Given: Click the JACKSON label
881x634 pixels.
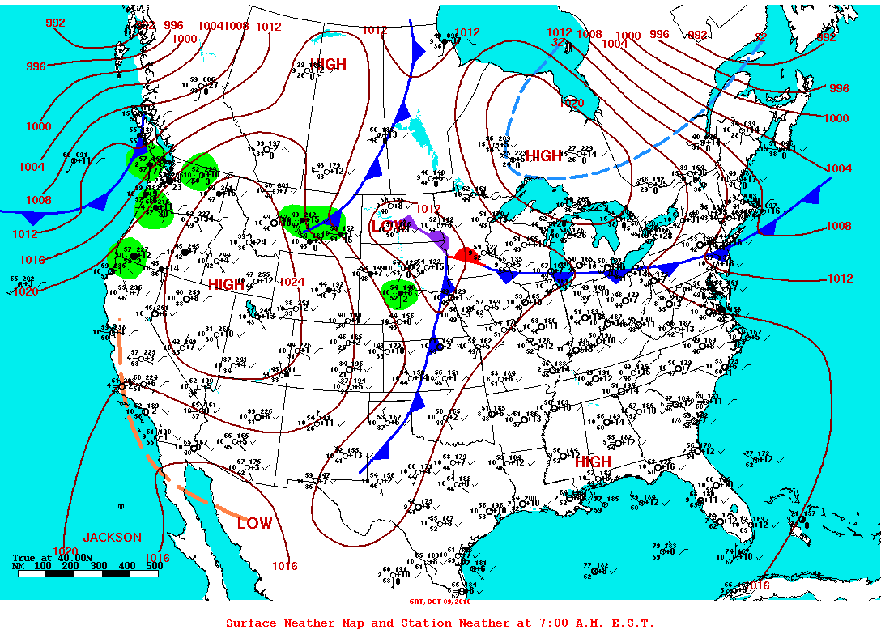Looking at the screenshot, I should (x=112, y=538).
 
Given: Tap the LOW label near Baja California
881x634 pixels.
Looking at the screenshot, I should (x=254, y=524).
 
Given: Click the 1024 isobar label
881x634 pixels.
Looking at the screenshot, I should (x=291, y=282).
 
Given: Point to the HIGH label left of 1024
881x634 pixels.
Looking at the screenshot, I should (x=227, y=285).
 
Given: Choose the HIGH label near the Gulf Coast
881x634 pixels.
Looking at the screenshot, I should (x=593, y=462).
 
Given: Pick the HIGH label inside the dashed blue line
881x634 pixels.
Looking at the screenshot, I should (x=543, y=155).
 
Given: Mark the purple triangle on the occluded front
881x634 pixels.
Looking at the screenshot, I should (x=411, y=222).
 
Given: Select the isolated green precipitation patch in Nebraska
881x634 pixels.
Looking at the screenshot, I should (x=399, y=295).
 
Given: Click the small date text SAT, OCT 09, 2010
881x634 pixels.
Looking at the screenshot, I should (x=439, y=601).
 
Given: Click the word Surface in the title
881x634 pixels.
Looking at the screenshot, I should (x=252, y=623).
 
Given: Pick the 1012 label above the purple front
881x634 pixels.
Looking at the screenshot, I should (x=428, y=209).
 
